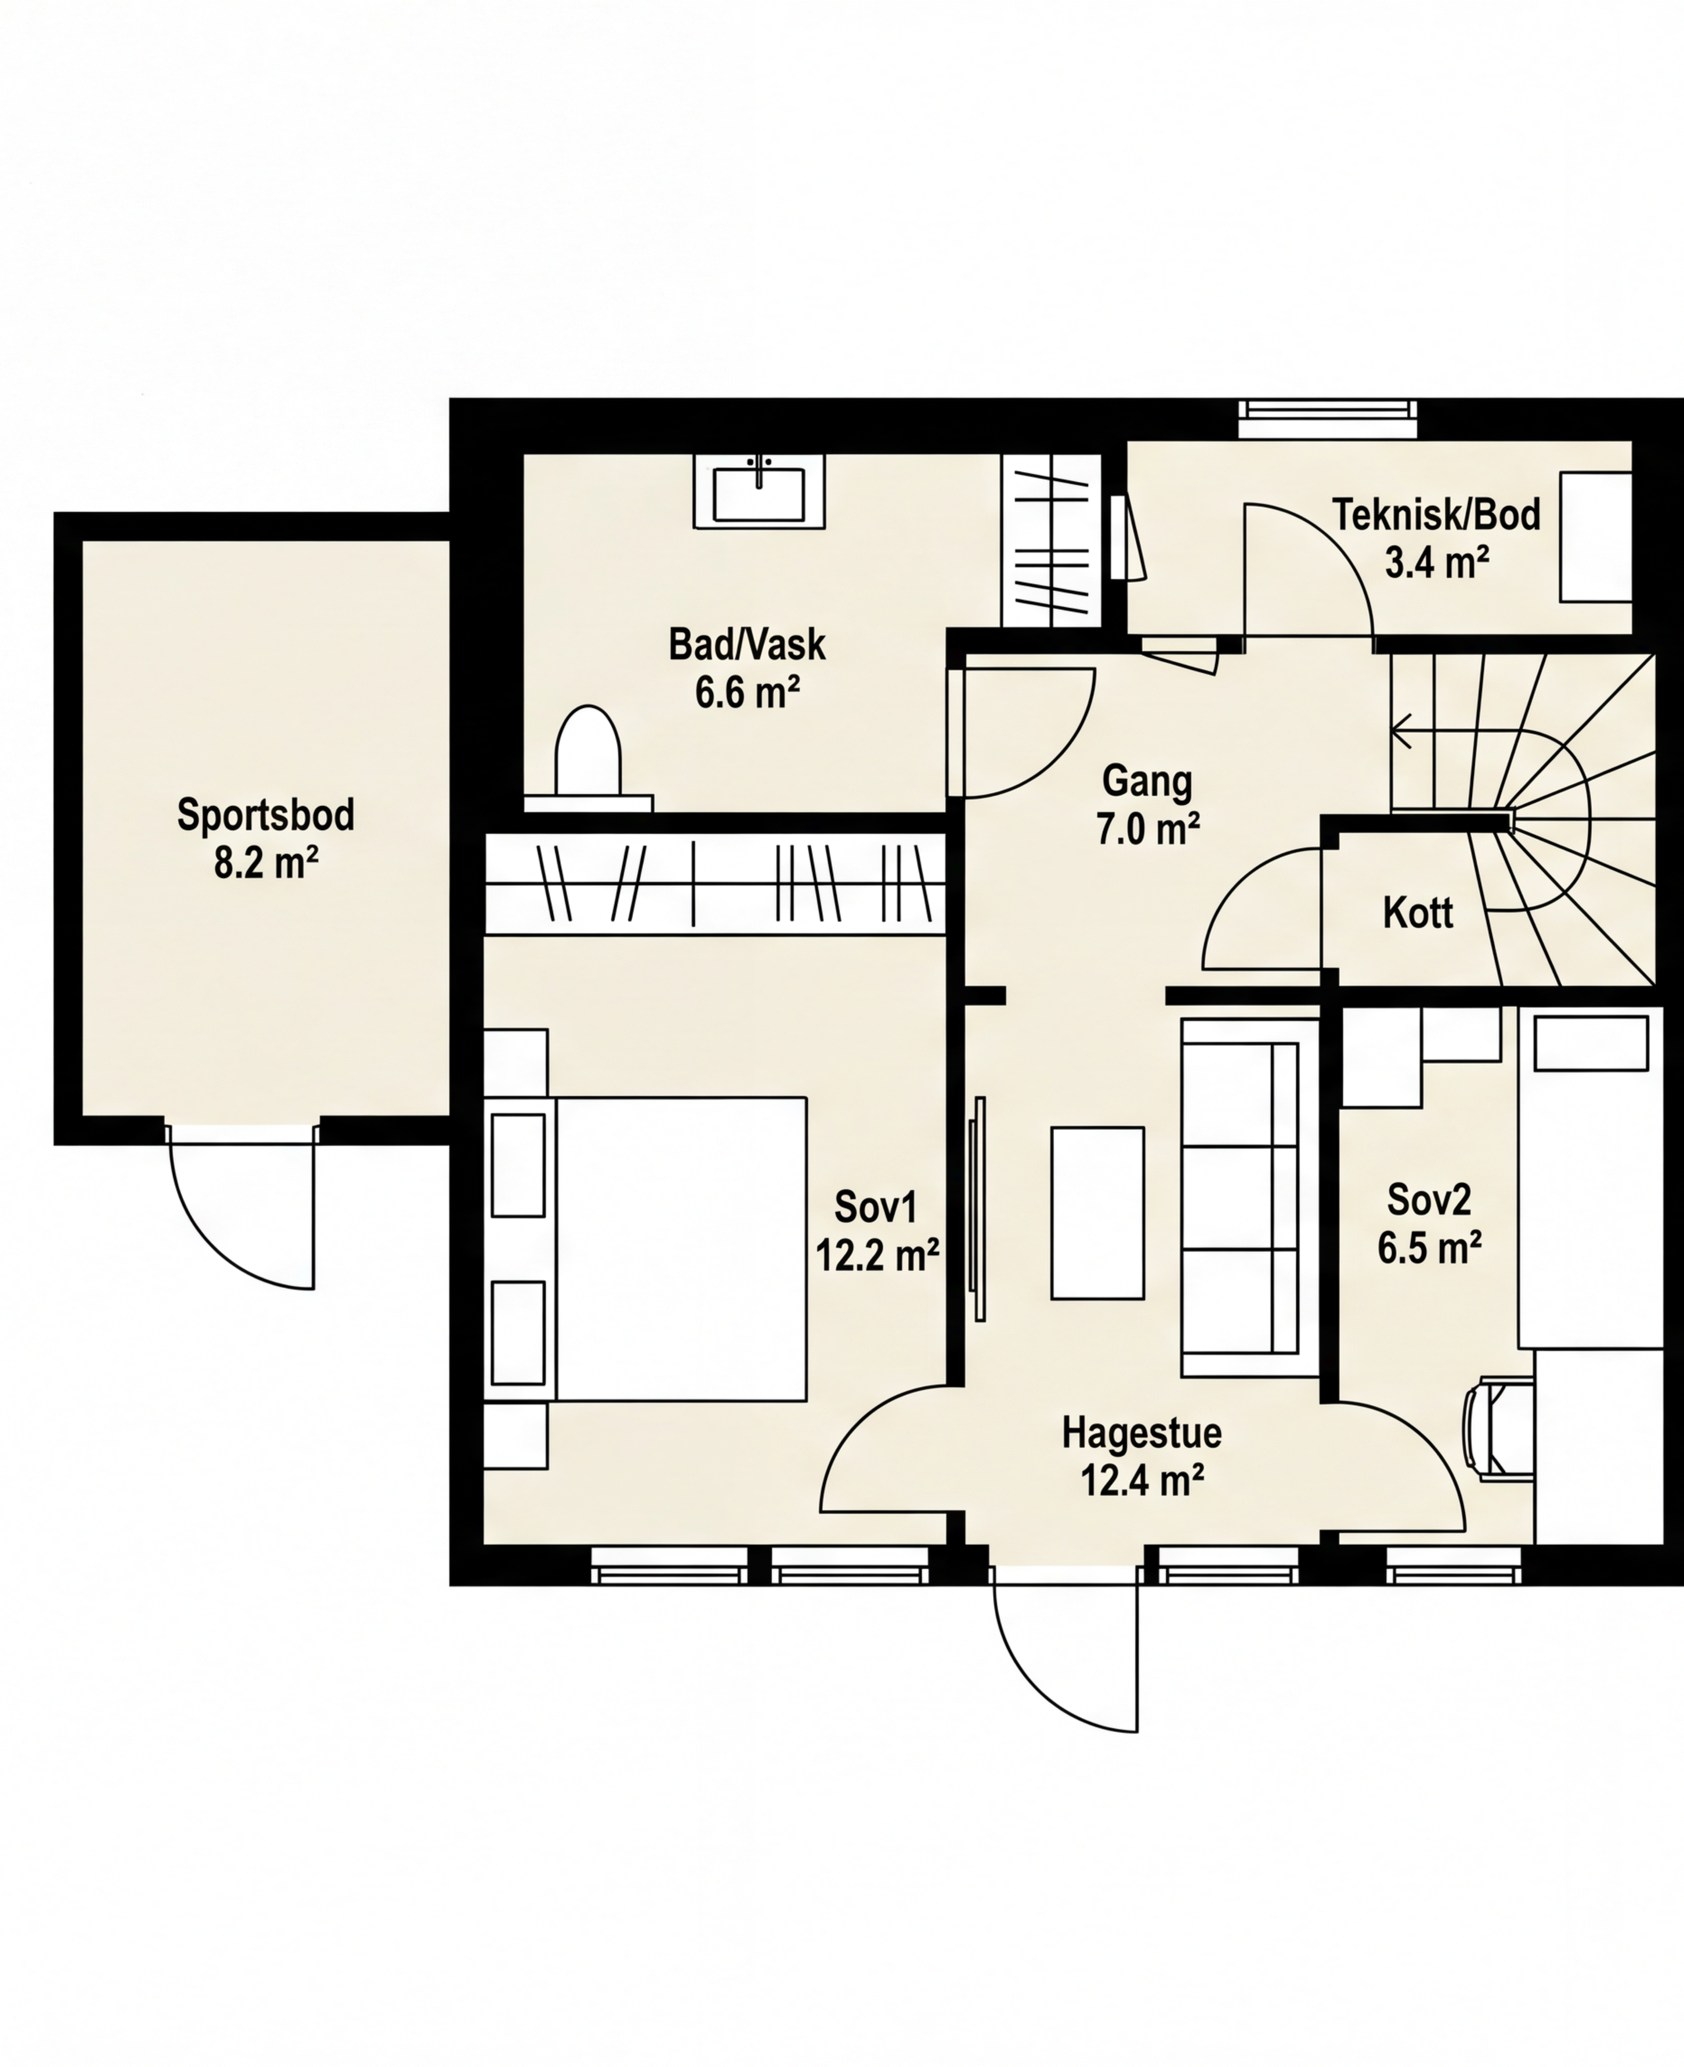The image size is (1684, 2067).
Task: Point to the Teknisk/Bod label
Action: (x=1437, y=514)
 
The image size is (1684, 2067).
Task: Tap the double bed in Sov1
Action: (x=681, y=1249)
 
